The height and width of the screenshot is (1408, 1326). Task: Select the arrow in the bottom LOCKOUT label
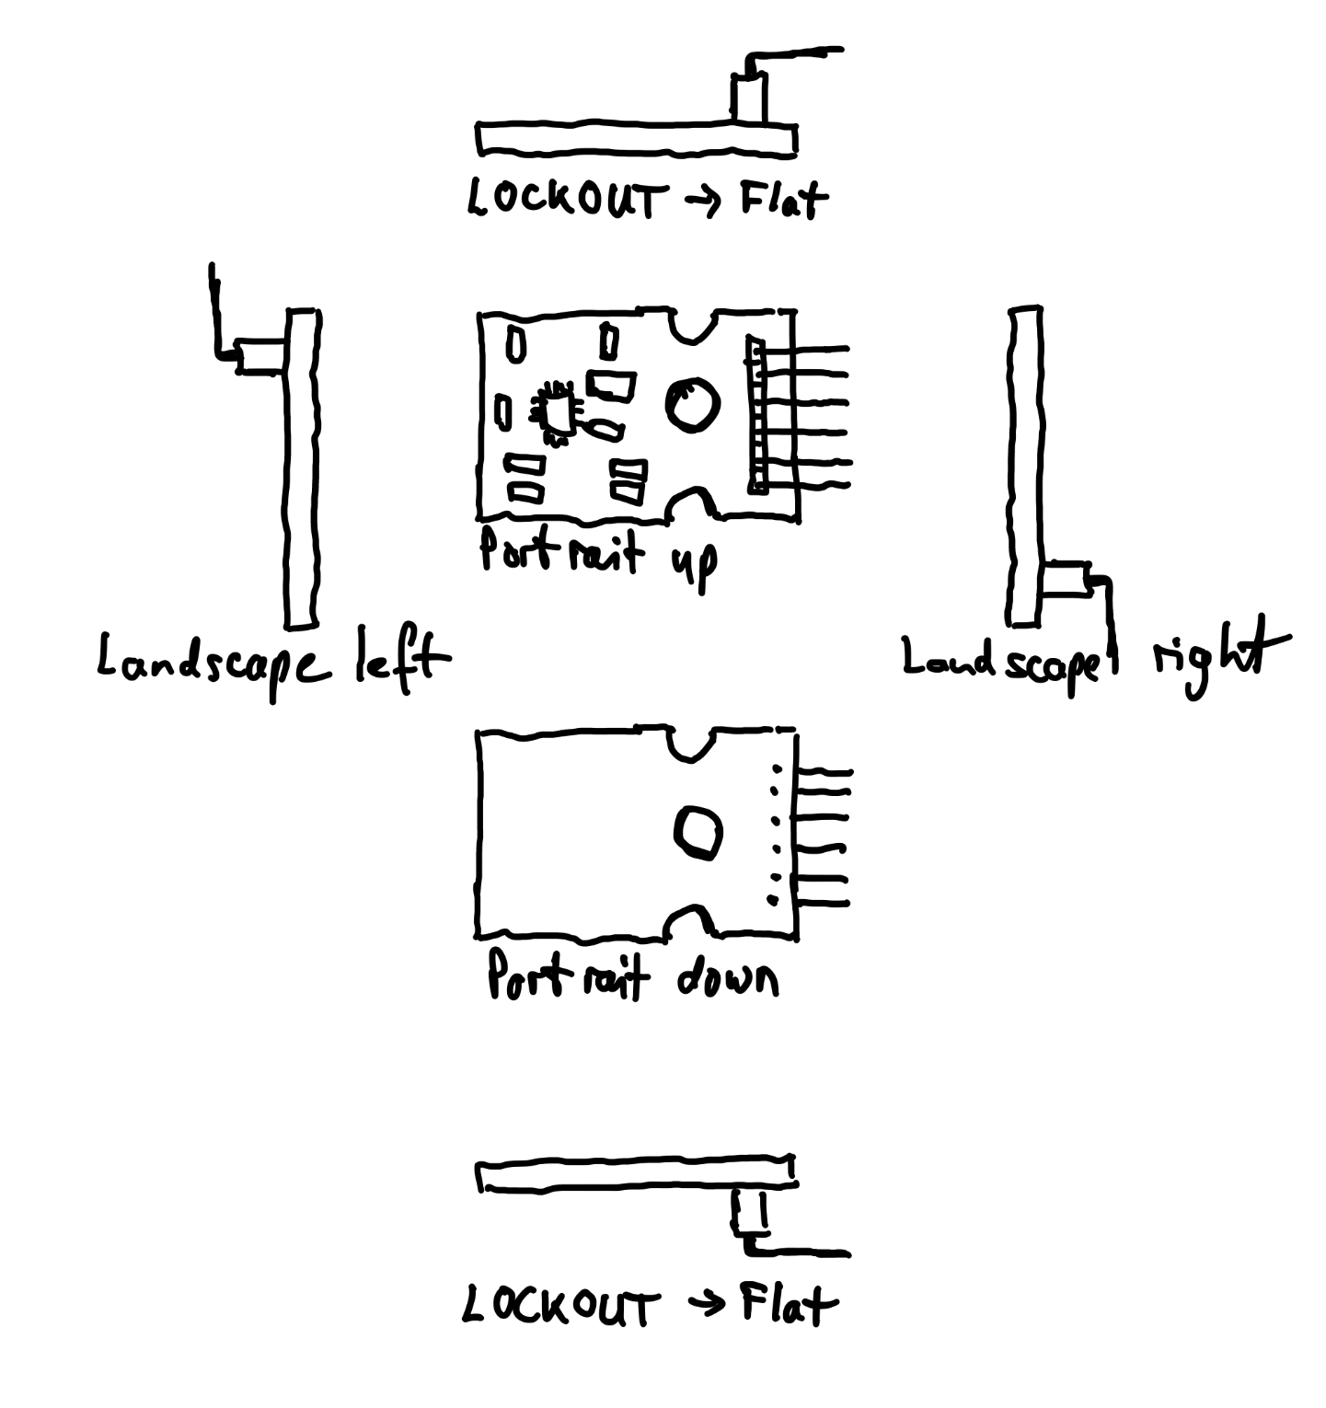click(707, 1305)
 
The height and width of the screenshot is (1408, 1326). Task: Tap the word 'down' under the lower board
click(727, 978)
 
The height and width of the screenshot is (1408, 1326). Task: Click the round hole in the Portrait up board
click(691, 404)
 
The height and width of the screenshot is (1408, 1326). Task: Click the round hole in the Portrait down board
click(698, 832)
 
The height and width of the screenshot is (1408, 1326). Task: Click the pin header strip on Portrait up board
click(756, 415)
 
